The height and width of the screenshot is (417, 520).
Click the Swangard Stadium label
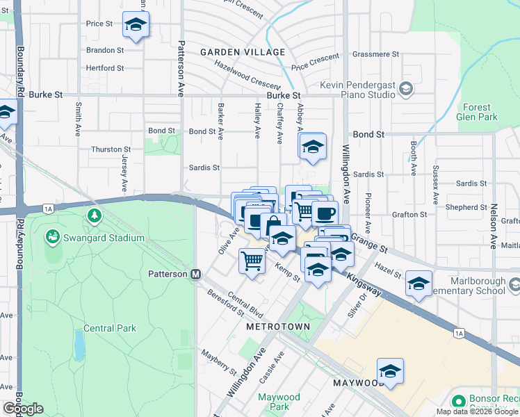tap(105, 238)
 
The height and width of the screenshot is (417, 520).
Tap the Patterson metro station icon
tap(197, 274)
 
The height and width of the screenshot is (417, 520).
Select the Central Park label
tap(110, 328)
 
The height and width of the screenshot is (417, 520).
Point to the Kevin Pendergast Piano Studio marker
tap(406, 88)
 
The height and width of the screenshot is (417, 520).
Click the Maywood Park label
tap(279, 402)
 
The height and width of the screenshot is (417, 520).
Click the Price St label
tap(99, 24)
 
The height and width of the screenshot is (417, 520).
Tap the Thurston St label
tap(111, 149)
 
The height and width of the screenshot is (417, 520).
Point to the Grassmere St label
tap(375, 54)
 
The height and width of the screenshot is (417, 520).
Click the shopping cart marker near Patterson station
tap(252, 261)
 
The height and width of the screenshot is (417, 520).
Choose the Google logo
tap(23, 409)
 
